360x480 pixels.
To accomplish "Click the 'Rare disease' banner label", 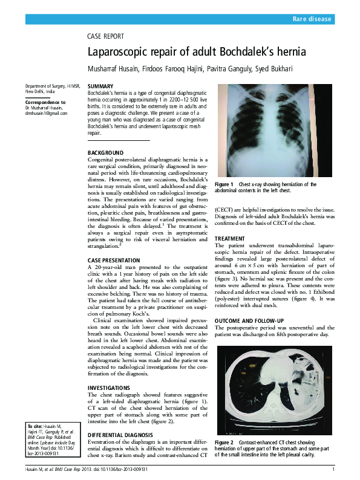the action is point(312,19).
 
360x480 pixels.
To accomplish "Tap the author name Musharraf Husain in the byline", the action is point(113,70).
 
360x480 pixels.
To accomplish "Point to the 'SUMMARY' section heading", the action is point(100,87).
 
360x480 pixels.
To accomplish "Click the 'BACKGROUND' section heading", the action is point(106,153).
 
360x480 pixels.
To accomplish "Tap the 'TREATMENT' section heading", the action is point(230,239).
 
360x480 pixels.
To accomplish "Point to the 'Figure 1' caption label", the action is point(224,184).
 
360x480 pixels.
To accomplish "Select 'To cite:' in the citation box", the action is point(38,426).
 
